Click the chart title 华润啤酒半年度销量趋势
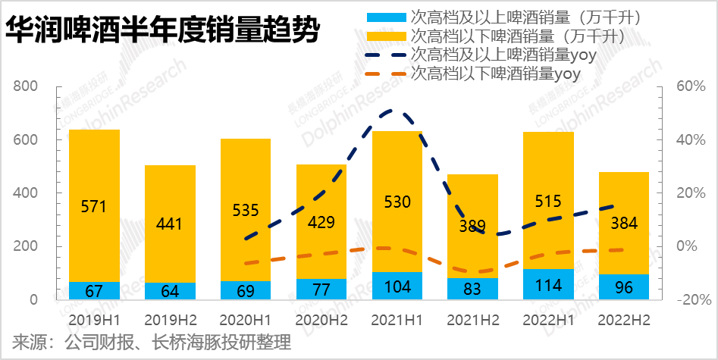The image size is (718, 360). [162, 32]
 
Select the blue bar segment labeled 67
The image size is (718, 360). [94, 290]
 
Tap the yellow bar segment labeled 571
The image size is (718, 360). [94, 205]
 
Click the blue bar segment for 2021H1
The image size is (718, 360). [397, 286]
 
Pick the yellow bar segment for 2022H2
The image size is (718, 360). [624, 223]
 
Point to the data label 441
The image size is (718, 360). [170, 224]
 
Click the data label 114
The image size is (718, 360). [548, 285]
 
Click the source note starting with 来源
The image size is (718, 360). [148, 343]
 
